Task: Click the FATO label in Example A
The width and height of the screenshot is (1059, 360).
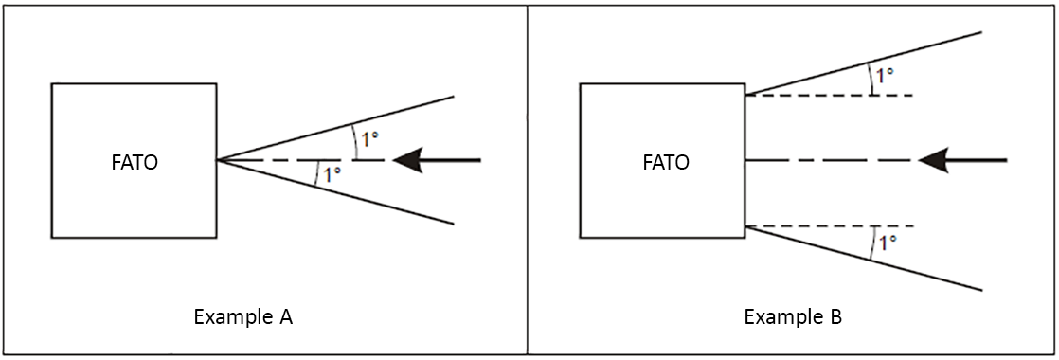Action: tap(134, 162)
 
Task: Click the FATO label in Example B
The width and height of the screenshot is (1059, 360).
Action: tap(666, 162)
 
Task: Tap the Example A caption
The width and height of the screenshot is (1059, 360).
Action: tap(242, 317)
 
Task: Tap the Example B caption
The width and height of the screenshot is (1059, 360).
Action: tap(793, 317)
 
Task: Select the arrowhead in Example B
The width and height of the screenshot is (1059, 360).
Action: tap(934, 161)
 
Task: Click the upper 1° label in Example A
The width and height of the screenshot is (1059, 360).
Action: tap(368, 139)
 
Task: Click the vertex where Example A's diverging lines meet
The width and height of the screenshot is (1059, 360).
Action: tap(217, 160)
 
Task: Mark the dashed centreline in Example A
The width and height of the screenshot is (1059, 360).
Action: tap(284, 161)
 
